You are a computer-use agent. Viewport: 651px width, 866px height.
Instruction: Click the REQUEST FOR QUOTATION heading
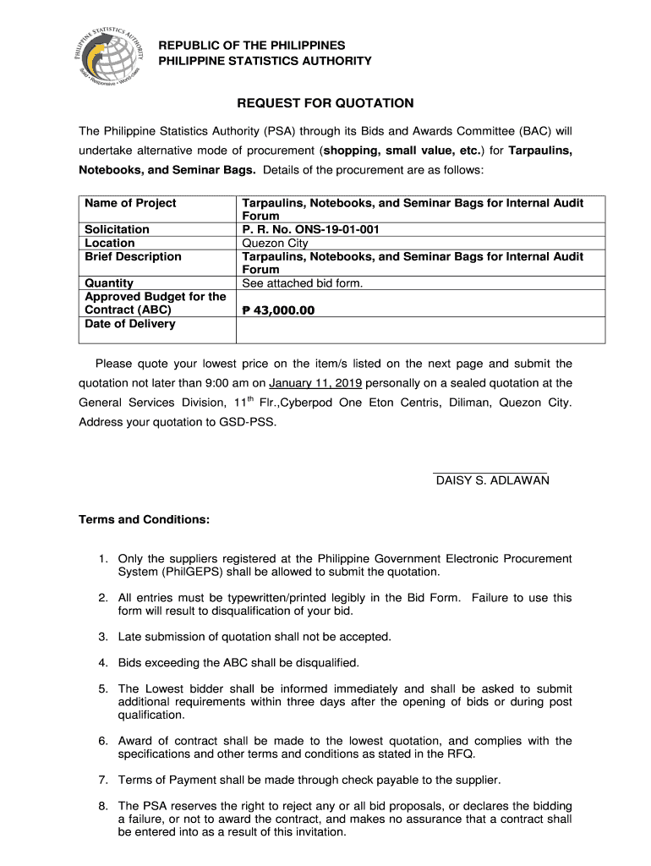(x=325, y=103)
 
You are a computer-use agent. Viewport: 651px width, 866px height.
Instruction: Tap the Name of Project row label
(x=130, y=203)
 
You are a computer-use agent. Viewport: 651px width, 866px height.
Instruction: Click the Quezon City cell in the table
(x=275, y=243)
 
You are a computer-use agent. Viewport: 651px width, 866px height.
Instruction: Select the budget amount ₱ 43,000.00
(x=278, y=310)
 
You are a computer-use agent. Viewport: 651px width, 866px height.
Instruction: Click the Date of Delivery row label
(x=130, y=324)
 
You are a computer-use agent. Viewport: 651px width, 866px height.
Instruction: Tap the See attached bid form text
(x=302, y=283)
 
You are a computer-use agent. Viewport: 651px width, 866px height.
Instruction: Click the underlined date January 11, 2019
(x=315, y=382)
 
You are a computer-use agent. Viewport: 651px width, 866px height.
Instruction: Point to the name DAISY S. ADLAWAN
(x=492, y=480)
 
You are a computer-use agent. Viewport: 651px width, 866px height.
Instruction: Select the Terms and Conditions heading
(x=144, y=519)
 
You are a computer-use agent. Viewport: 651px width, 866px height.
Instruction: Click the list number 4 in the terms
(x=102, y=663)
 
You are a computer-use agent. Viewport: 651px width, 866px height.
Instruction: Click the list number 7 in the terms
(x=102, y=780)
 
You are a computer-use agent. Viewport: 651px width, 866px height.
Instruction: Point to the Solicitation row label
(x=117, y=229)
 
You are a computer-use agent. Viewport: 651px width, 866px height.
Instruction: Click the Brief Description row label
(x=133, y=256)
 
